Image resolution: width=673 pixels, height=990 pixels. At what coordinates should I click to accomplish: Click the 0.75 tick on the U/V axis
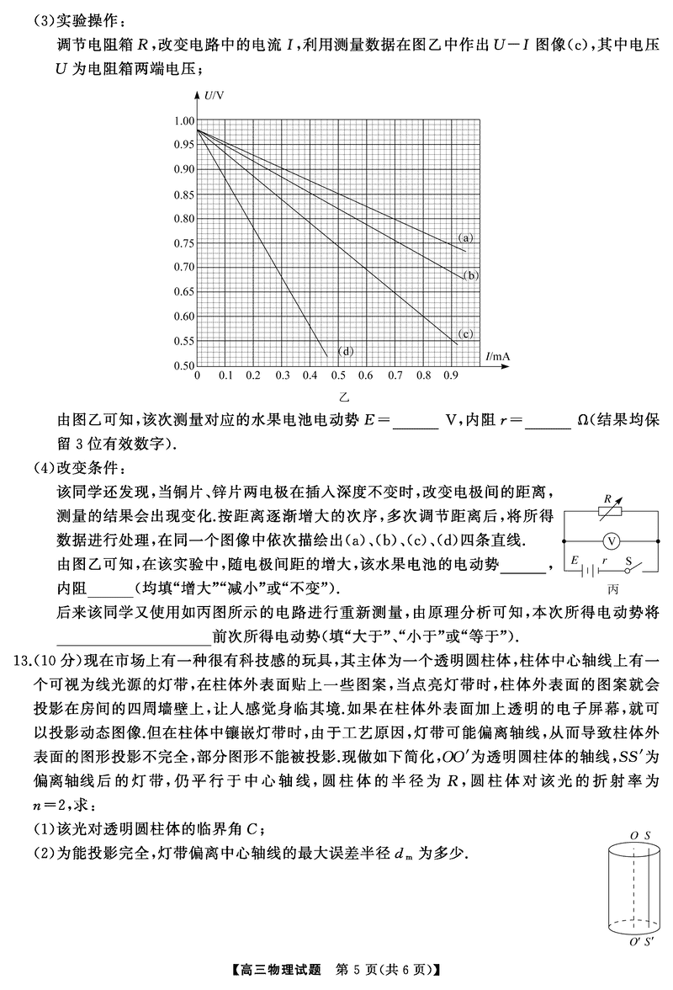(x=182, y=243)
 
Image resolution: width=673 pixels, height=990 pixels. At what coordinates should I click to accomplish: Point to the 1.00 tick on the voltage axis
(x=182, y=120)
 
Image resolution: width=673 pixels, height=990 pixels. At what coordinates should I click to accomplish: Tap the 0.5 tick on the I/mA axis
(x=338, y=376)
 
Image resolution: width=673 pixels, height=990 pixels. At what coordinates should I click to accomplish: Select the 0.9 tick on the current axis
(x=452, y=376)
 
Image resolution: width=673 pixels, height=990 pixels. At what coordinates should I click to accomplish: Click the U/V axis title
(x=212, y=98)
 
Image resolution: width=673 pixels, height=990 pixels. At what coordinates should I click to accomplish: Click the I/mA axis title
(x=498, y=357)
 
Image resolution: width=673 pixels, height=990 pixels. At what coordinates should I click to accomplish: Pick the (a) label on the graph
(x=464, y=238)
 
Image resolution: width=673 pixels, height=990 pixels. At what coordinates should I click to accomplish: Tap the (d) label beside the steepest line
(x=343, y=350)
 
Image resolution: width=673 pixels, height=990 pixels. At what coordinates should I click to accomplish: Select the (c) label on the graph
(x=464, y=333)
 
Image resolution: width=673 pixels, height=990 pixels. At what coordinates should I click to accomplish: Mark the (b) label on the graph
(x=472, y=274)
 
